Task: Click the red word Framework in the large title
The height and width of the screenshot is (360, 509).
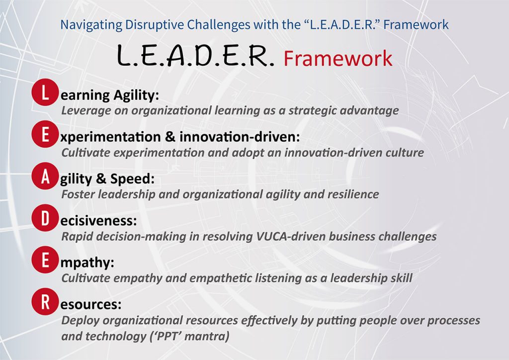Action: coord(338,59)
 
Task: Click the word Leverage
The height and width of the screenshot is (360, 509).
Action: coord(81,110)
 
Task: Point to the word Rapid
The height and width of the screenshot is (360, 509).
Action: coord(76,236)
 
